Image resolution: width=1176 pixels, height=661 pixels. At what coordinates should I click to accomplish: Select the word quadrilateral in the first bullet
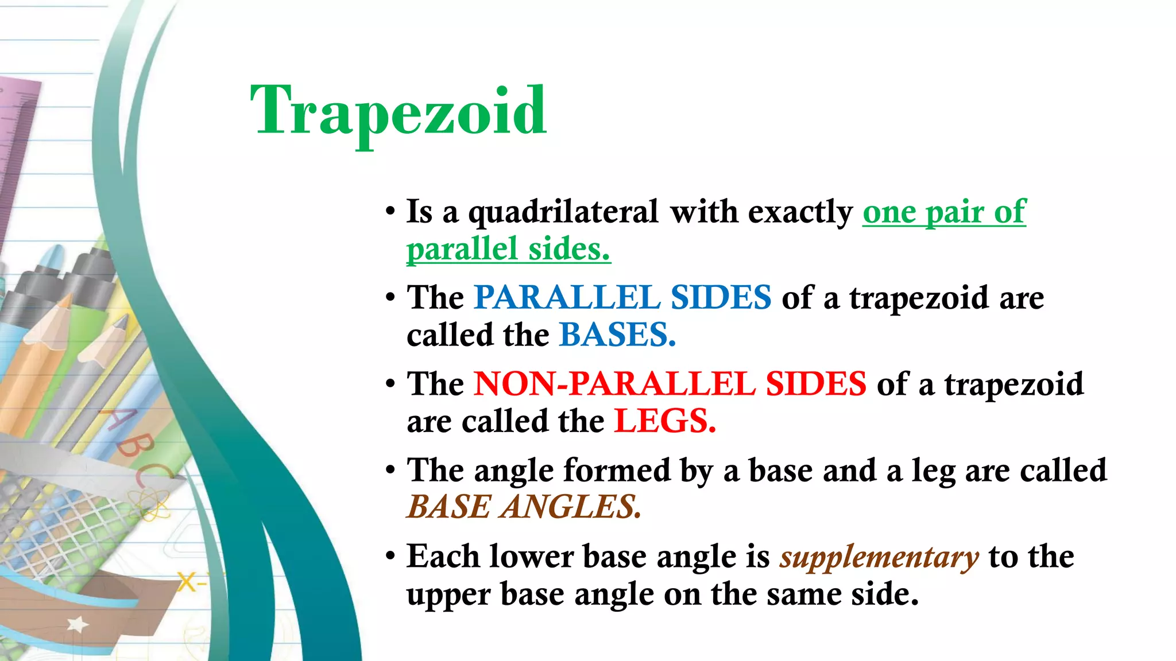[563, 212]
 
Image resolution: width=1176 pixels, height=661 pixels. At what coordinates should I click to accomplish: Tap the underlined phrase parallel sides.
[508, 250]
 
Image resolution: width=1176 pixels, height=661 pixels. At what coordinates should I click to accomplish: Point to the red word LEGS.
[664, 421]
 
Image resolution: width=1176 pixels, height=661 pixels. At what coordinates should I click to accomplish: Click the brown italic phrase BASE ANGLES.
[523, 507]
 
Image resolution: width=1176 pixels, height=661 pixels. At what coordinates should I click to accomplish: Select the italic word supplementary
[879, 557]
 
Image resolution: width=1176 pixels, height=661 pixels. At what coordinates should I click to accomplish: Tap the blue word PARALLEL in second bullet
[567, 298]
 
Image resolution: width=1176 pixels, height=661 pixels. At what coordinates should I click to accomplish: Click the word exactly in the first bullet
[800, 212]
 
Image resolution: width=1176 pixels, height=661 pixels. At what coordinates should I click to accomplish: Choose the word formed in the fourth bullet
[616, 471]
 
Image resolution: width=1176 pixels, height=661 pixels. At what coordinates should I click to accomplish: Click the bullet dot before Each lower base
[390, 557]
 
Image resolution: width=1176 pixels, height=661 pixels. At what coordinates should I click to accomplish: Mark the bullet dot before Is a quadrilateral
[390, 212]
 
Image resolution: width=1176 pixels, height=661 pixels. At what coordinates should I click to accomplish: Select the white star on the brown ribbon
[78, 624]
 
